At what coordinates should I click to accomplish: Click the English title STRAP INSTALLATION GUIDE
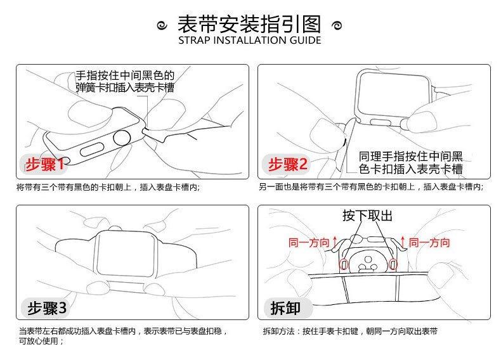[x=249, y=41]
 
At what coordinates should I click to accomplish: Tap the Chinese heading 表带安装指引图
[x=249, y=24]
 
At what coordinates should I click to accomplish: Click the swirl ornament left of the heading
[x=162, y=25]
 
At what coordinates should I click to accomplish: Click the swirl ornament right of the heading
[x=337, y=25]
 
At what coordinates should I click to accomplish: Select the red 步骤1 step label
[x=45, y=164]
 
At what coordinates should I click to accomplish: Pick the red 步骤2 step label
[x=287, y=164]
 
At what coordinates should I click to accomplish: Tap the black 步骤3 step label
[x=47, y=308]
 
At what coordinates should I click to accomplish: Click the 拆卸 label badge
[x=285, y=308]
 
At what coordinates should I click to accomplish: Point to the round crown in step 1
[x=122, y=138]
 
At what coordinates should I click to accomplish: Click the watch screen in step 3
[x=126, y=254]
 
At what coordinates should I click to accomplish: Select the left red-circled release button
[x=344, y=264]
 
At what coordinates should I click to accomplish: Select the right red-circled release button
[x=393, y=264]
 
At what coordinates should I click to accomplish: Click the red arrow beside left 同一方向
[x=335, y=242]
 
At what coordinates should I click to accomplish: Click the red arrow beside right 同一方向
[x=403, y=242]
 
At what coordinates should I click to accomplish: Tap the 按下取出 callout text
[x=367, y=215]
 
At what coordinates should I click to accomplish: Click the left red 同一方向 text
[x=309, y=243]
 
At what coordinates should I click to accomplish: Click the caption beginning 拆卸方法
[x=350, y=331]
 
